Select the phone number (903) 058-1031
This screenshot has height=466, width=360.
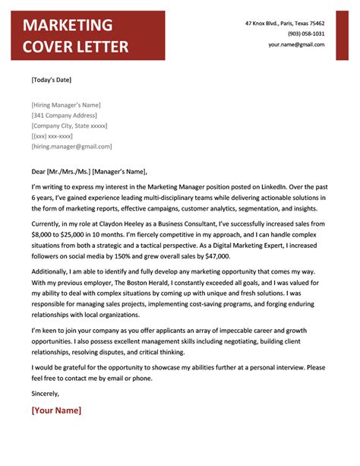[x=306, y=34]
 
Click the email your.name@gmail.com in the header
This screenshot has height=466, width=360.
[x=296, y=45]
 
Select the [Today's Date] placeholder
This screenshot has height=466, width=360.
[x=52, y=79]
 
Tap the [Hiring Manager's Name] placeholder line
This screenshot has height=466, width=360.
[x=66, y=105]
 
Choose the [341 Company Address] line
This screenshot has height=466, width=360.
[x=65, y=115]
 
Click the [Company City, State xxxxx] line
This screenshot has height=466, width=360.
[x=69, y=125]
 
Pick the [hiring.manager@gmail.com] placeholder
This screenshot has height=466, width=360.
[x=71, y=146]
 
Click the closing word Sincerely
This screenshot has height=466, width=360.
[x=45, y=393]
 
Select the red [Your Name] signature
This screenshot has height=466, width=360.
[x=56, y=411]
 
